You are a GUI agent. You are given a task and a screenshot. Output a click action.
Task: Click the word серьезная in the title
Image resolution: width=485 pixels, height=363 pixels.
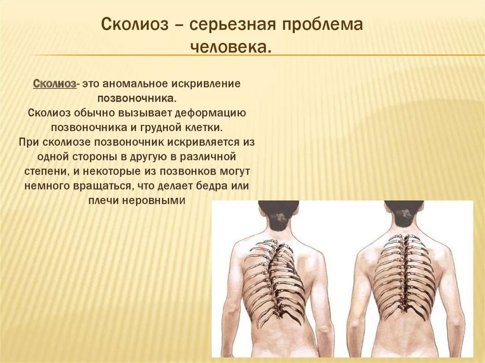[x=234, y=25]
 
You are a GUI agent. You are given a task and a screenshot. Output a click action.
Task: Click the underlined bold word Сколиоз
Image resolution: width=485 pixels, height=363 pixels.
[x=54, y=84]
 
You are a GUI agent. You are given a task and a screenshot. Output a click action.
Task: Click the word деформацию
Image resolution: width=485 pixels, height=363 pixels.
[x=210, y=113]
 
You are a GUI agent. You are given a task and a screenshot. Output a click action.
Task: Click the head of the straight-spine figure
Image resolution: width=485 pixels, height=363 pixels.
[x=404, y=214]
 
